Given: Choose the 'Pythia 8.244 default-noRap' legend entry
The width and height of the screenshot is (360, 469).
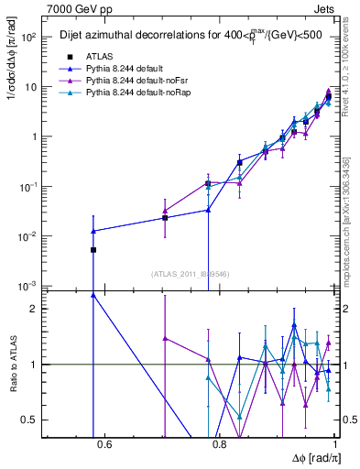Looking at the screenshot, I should tap(126, 92).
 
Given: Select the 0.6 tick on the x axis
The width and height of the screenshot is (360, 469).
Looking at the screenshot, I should tap(104, 445).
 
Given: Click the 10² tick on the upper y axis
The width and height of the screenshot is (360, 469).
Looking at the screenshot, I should tap(32, 38).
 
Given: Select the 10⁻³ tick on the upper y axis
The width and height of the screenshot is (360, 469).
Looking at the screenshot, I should tap(32, 286).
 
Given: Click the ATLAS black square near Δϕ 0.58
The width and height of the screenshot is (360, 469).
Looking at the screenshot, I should tap(93, 249).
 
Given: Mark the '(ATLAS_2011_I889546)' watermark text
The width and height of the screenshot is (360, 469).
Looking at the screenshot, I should tap(190, 273).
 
